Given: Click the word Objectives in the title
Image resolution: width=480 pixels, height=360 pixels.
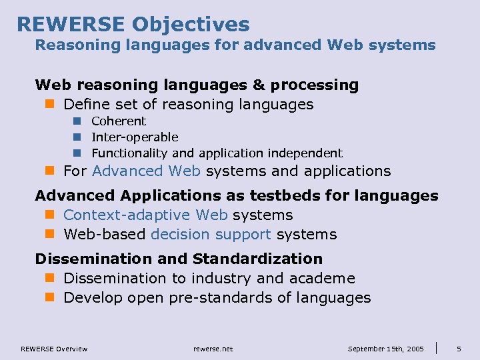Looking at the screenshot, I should pyautogui.click(x=191, y=25).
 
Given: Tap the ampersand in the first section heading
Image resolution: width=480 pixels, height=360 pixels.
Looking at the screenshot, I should pyautogui.click(x=257, y=85).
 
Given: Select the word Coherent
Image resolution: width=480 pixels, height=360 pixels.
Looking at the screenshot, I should pyautogui.click(x=119, y=121).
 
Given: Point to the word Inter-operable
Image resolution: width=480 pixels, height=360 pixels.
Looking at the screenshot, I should pyautogui.click(x=135, y=137).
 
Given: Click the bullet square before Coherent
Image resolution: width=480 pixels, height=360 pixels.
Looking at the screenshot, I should pyautogui.click(x=77, y=121).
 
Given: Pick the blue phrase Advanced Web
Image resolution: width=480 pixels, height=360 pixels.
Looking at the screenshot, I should pyautogui.click(x=146, y=171).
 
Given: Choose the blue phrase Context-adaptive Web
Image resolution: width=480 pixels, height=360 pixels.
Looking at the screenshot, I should pyautogui.click(x=145, y=215).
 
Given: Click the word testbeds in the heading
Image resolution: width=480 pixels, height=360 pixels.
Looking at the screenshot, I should pyautogui.click(x=288, y=195).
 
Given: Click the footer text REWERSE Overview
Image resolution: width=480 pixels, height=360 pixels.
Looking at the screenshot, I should pyautogui.click(x=54, y=349).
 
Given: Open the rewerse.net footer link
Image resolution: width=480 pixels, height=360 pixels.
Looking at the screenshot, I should pyautogui.click(x=213, y=349).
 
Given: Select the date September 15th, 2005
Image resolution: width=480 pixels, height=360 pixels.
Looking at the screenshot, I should pyautogui.click(x=386, y=349).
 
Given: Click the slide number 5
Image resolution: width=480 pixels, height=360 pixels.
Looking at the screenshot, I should pyautogui.click(x=459, y=349).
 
